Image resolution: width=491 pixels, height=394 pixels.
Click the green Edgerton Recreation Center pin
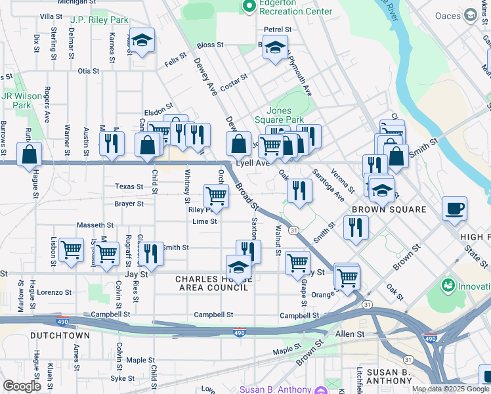[x=249, y=7]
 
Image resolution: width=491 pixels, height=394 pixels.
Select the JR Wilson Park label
[x=22, y=100]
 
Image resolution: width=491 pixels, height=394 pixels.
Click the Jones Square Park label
[x=285, y=116]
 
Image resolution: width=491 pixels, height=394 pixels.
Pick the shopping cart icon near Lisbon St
[x=70, y=250]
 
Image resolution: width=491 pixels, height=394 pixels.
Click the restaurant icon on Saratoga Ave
[x=299, y=191]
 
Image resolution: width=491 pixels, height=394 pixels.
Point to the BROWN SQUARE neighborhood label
[x=389, y=209]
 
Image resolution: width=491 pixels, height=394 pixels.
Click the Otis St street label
[x=88, y=71]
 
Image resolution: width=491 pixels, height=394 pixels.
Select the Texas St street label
[x=129, y=186]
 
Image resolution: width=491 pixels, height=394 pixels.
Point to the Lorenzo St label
[x=54, y=292]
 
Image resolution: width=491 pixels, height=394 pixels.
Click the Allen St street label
[x=349, y=334]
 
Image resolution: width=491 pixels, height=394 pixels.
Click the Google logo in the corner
[x=22, y=386]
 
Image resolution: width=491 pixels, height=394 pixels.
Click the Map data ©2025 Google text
[x=450, y=389]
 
